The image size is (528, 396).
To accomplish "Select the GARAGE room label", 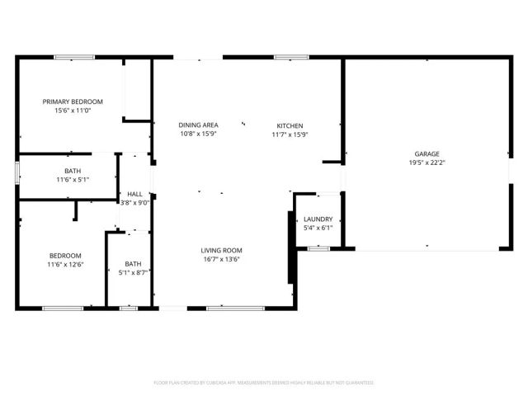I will pos(427,153).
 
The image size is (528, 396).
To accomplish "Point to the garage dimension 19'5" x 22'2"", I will pos(427,163).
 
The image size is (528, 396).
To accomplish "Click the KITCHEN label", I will pos(289,125).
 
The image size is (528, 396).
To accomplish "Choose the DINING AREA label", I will pos(198,125).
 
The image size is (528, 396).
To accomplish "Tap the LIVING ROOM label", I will pos(221,250).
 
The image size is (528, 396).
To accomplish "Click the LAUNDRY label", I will pos(318,219).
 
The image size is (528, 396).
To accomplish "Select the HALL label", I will pos(134,194).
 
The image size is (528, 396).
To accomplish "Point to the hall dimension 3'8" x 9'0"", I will pos(134,203).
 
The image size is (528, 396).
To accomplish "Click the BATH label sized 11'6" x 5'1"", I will pos(73,171).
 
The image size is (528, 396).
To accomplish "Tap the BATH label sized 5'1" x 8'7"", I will pos(133,263).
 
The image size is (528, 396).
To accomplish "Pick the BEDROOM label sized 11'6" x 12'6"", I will pos(64,255).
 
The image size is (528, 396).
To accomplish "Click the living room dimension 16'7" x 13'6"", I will pos(221,259).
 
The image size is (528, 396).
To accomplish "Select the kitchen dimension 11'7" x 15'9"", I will pos(289,134).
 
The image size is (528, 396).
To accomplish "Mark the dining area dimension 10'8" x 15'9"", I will pos(198,134).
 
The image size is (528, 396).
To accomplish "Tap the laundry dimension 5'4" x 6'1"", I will pos(318,229).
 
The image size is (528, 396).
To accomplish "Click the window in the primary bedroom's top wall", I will pos(71,57).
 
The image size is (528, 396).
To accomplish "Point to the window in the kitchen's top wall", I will pos(286,57).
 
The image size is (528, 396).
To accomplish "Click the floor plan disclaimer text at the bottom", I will pos(264,383).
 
